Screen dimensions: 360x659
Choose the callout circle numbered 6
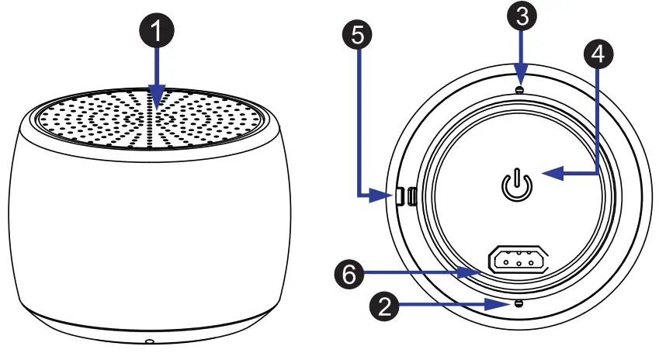click(x=349, y=272)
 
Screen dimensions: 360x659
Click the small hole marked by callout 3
click(x=519, y=90)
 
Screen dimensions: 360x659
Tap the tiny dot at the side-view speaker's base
click(x=147, y=341)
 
